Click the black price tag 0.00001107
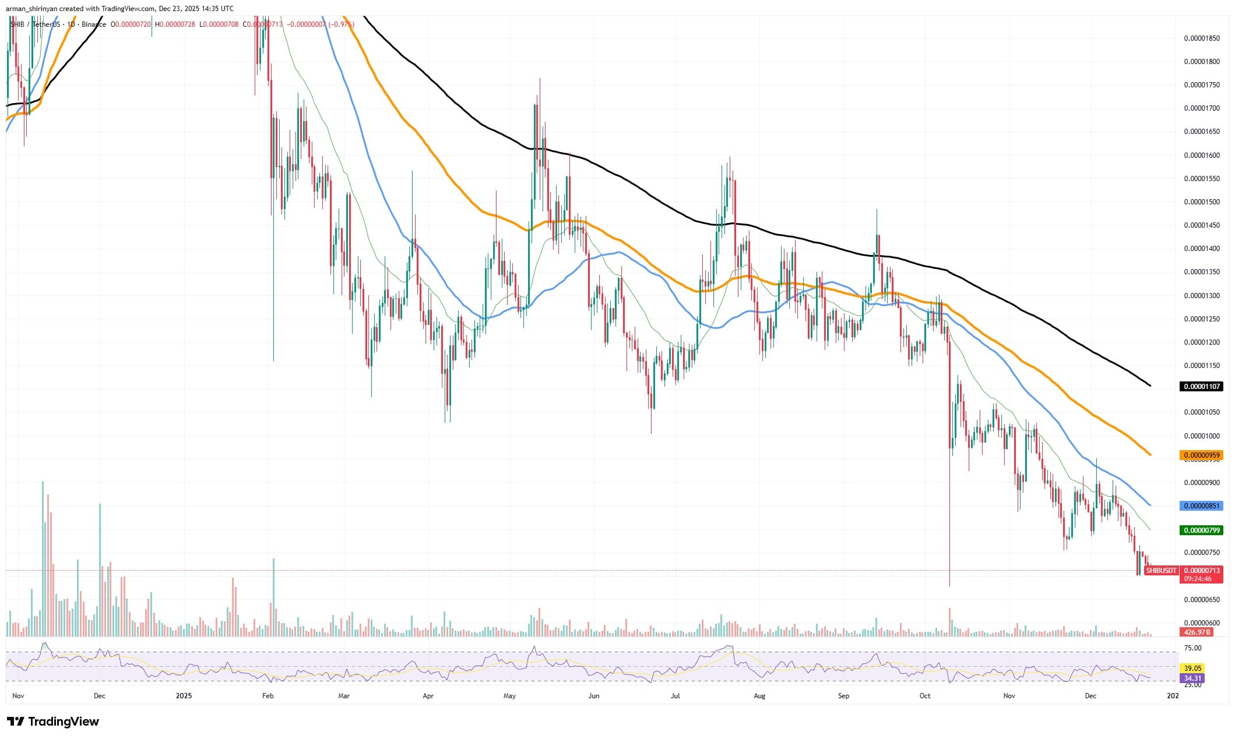tap(1200, 386)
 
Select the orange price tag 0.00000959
tap(1200, 455)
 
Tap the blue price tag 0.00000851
tap(1200, 505)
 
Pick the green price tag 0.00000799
tap(1200, 530)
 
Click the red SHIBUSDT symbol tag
tap(1161, 571)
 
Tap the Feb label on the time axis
tap(268, 695)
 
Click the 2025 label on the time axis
tap(184, 695)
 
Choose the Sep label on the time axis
tap(843, 695)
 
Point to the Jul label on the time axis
tap(675, 695)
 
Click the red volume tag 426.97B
tap(1196, 632)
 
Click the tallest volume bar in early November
tap(43, 559)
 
